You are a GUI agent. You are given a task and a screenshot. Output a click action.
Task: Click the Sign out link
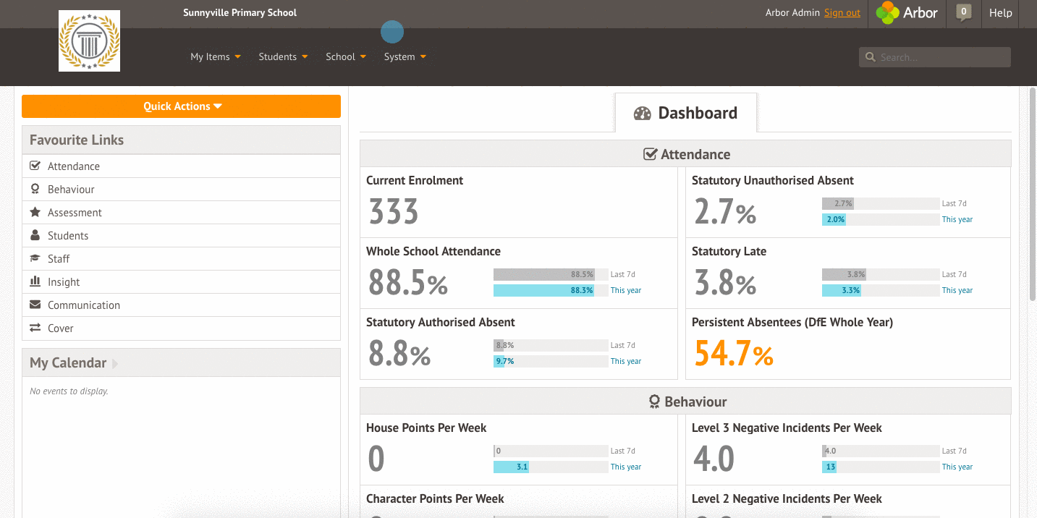(x=842, y=12)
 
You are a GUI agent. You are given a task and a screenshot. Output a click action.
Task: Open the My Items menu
(x=215, y=56)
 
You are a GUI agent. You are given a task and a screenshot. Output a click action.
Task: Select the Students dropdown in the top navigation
(x=283, y=56)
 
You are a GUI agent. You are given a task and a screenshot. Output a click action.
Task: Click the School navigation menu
(x=346, y=56)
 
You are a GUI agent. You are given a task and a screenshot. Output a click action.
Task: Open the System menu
(x=405, y=56)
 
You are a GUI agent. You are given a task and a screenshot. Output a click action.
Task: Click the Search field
(x=935, y=57)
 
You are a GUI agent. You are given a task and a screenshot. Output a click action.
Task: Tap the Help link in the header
(x=1000, y=13)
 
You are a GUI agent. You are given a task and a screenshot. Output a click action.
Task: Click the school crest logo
(x=89, y=41)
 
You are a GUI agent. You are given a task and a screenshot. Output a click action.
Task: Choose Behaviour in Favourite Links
(x=71, y=190)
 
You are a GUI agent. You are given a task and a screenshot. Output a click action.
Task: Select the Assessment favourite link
(x=75, y=213)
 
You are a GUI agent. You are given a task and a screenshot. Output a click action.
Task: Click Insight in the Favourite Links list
(x=64, y=282)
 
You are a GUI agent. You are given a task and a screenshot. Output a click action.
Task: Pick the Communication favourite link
(x=84, y=305)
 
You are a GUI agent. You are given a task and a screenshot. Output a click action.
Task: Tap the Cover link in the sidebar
(x=60, y=328)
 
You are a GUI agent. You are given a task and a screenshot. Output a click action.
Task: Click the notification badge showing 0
(x=963, y=12)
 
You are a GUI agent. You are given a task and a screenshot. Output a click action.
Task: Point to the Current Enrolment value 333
(x=394, y=211)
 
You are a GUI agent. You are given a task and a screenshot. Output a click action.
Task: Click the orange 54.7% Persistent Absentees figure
(x=734, y=354)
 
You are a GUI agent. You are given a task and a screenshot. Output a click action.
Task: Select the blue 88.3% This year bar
(x=544, y=290)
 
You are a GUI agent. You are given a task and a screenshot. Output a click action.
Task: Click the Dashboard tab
(x=686, y=113)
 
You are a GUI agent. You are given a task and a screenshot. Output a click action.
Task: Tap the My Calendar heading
(x=68, y=362)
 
